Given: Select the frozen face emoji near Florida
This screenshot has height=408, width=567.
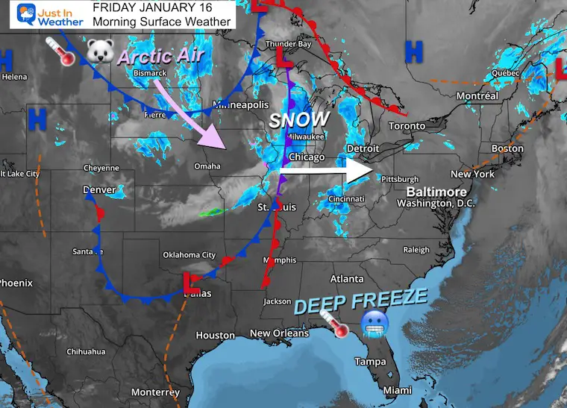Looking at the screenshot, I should pos(372,322).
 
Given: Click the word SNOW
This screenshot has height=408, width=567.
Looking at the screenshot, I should pos(299,119).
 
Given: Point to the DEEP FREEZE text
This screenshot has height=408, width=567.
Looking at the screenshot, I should pos(360,302).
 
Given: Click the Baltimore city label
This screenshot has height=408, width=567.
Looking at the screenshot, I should pos(436,192).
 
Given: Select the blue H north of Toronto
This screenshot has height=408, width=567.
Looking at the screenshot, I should pos(413,52).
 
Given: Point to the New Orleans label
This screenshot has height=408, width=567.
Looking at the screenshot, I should pos(279,333).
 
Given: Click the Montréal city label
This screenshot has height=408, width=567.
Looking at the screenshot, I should pos(476,96).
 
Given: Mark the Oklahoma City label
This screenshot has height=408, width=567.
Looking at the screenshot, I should pos(193,255).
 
